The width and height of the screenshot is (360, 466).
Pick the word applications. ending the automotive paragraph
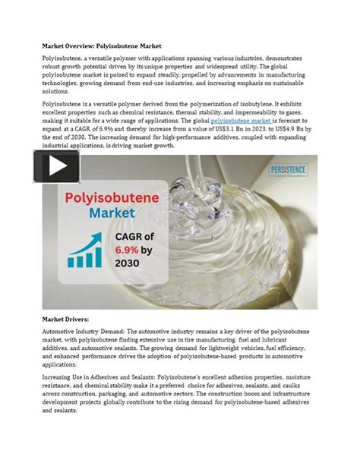(63, 364)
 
